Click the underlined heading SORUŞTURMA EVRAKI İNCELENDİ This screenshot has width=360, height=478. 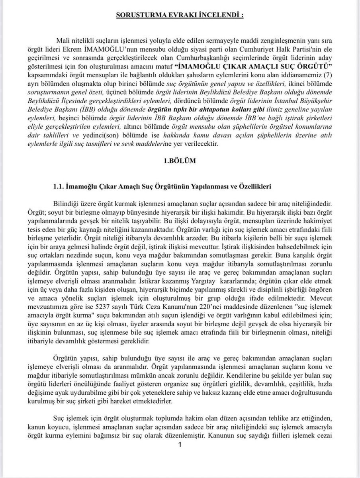point(180,16)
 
